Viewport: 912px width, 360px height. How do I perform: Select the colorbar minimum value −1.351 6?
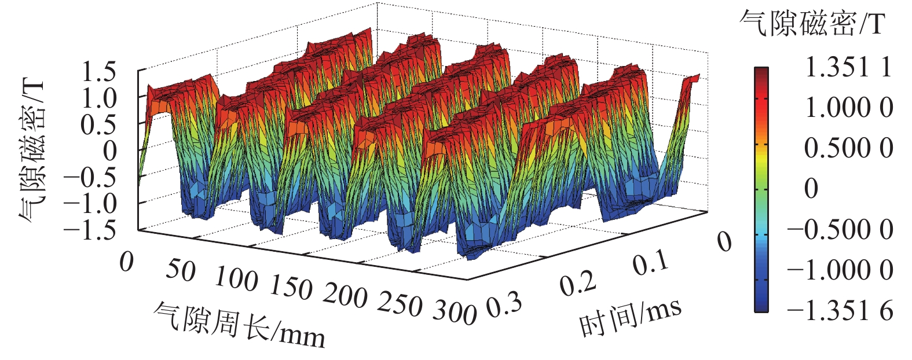click(840, 311)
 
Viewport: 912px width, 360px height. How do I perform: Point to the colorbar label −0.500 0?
click(840, 230)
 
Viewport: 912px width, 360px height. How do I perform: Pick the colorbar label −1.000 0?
click(840, 271)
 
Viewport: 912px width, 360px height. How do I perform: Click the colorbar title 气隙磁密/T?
click(812, 24)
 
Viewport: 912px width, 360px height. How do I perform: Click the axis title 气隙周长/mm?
click(239, 325)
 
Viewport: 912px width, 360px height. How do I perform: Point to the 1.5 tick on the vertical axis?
click(99, 73)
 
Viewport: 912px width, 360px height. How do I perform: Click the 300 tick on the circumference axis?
click(455, 313)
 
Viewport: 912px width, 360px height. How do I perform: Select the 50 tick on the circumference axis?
click(181, 270)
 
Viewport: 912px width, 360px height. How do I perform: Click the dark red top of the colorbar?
click(761, 72)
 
